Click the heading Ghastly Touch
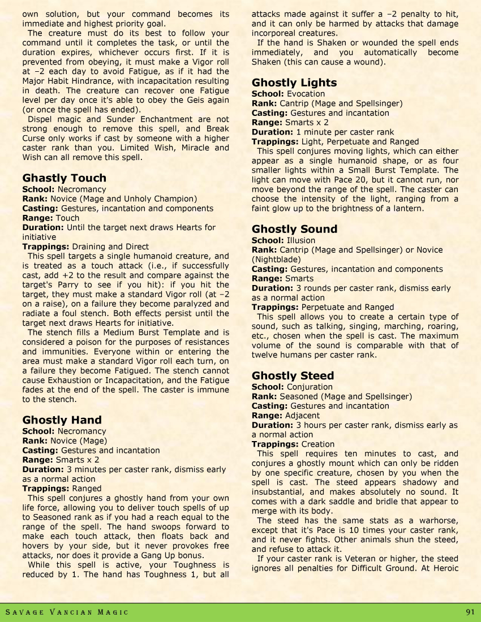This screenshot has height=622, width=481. pyautogui.click(x=64, y=178)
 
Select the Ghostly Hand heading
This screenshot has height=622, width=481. pyautogui.click(x=62, y=420)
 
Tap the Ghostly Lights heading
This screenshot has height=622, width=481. pyautogui.click(x=294, y=83)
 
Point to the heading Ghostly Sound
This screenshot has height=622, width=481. pyautogui.click(x=294, y=229)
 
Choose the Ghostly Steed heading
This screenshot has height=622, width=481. pyautogui.click(x=293, y=375)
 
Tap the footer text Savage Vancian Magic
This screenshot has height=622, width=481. pyautogui.click(x=67, y=612)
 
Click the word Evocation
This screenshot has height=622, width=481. pyautogui.click(x=306, y=94)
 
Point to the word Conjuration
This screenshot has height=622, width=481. pyautogui.click(x=310, y=387)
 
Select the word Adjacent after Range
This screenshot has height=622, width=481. pyautogui.click(x=303, y=416)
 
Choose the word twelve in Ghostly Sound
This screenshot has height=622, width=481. pyautogui.click(x=265, y=355)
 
